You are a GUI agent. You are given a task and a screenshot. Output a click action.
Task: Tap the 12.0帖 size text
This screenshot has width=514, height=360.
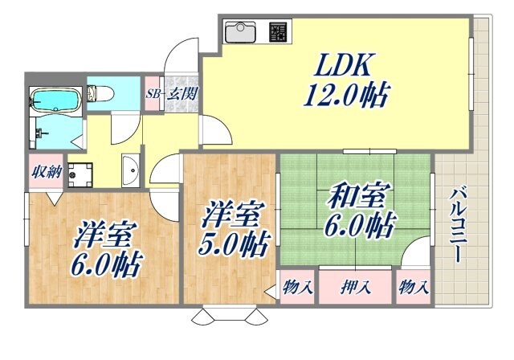coord(345,97)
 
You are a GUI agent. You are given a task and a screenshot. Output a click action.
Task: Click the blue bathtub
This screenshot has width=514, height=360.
coord(55,100)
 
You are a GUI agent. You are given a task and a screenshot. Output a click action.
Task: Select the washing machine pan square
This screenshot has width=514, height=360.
coord(80,173)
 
